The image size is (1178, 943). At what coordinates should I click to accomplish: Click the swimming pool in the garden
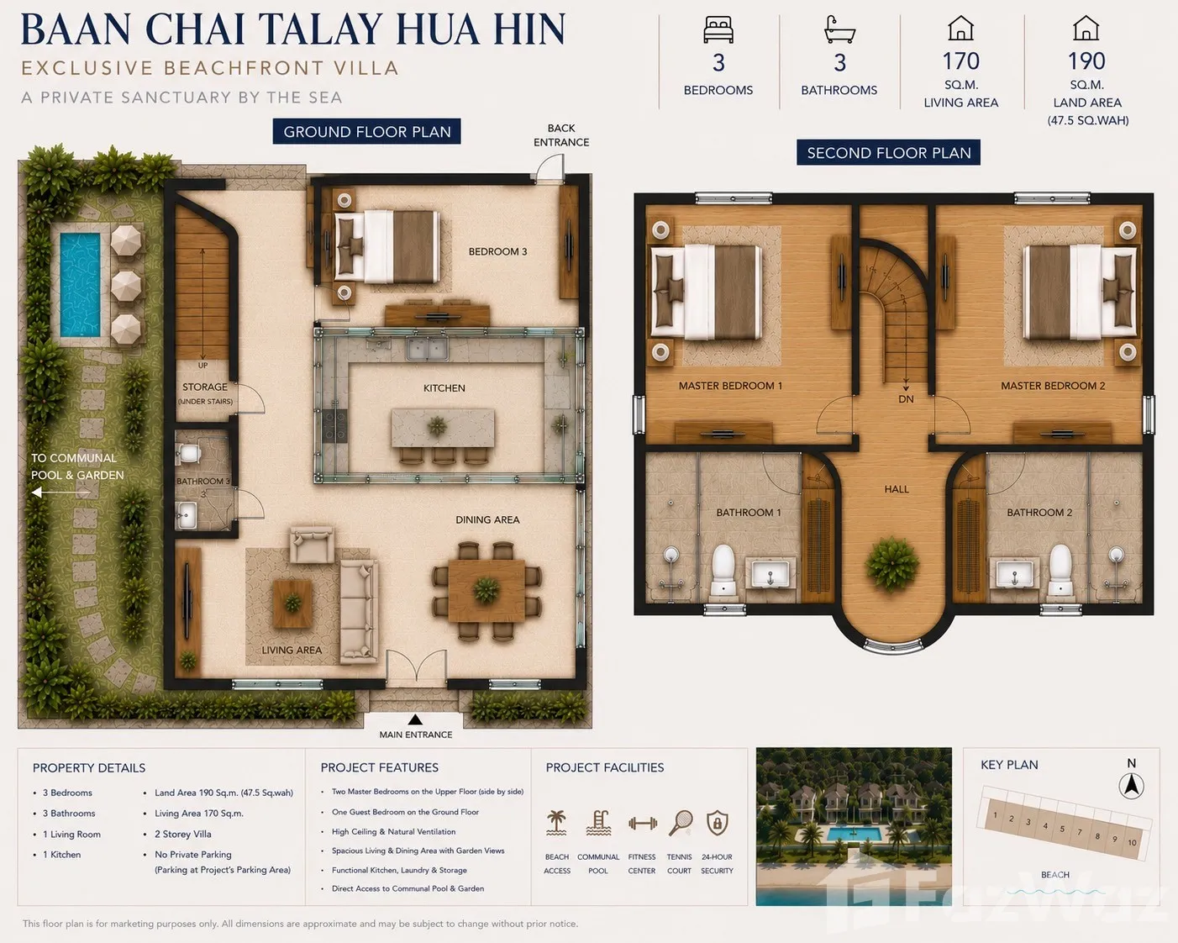(80, 285)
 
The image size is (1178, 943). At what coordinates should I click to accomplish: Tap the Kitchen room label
(444, 388)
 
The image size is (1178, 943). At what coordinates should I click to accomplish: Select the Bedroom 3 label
(497, 252)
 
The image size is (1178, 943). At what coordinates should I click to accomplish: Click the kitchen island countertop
(442, 427)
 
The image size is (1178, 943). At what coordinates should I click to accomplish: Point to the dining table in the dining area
(486, 590)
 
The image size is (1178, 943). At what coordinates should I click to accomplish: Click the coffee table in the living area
(292, 604)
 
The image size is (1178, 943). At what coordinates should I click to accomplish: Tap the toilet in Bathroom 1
(723, 570)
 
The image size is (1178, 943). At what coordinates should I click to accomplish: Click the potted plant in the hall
(891, 565)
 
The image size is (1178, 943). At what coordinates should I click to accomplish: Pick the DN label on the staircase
(906, 399)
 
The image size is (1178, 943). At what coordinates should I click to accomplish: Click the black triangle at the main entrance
(415, 719)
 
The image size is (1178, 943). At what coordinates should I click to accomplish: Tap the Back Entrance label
(561, 135)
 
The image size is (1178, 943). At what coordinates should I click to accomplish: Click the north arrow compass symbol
(1132, 787)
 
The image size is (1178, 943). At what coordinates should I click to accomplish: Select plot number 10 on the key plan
(1132, 843)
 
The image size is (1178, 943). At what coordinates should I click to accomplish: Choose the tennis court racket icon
(681, 823)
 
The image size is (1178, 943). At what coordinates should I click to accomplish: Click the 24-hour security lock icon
(717, 823)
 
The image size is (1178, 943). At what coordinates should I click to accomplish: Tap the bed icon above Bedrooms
(718, 29)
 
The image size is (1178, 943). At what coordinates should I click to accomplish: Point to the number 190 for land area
(1086, 61)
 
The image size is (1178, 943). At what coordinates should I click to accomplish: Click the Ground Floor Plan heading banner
(366, 131)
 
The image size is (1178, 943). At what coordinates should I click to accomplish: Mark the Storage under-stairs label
(205, 393)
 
